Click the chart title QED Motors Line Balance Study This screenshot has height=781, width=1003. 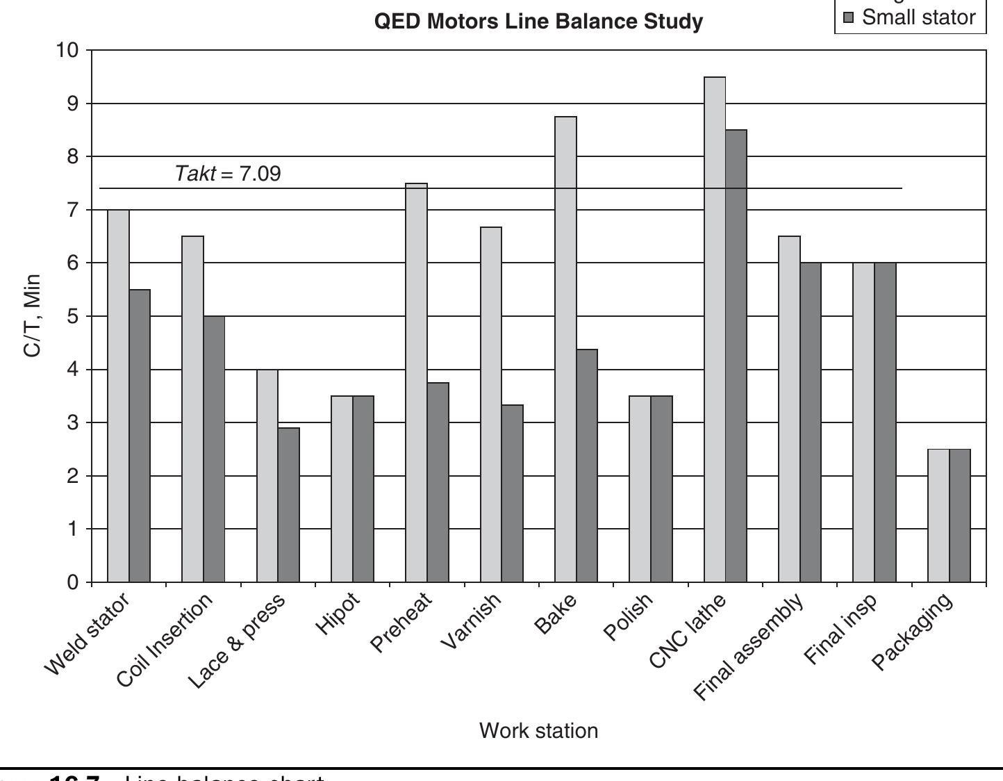click(x=538, y=22)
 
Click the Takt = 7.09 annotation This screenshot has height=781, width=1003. click(x=228, y=173)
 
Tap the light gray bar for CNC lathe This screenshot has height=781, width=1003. click(x=715, y=329)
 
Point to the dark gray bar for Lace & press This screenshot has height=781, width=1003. click(x=288, y=504)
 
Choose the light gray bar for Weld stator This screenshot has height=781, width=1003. click(x=118, y=395)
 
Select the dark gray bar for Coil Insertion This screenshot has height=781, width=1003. click(x=214, y=449)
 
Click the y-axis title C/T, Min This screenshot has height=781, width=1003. click(x=33, y=315)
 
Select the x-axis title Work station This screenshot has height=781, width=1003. click(x=538, y=731)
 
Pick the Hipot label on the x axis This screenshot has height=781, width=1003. click(x=338, y=614)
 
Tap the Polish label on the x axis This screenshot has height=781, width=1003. click(x=628, y=616)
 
